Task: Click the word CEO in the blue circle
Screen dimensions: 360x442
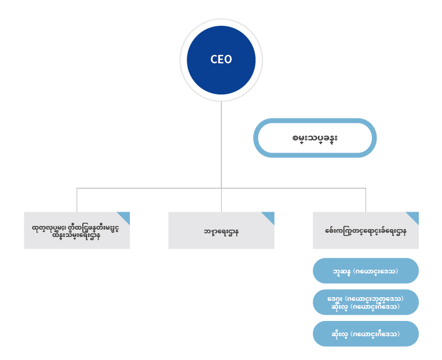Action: pos(221,59)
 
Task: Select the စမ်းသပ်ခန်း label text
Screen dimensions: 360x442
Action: pos(315,138)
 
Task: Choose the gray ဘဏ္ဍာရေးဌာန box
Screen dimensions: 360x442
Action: pos(221,231)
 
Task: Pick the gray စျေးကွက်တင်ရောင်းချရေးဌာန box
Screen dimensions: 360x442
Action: pos(366,231)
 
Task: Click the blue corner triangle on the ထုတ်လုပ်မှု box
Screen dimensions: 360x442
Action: pos(126,216)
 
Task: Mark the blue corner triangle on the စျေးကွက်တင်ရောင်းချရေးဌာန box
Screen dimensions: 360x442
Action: pos(414,216)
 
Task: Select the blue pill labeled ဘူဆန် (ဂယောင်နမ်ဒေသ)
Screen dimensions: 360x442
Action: pos(366,271)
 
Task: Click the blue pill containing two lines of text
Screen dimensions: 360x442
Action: pos(366,302)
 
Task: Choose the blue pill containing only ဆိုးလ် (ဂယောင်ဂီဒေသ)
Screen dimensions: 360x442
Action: pos(366,334)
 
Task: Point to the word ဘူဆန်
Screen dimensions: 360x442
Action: pos(340,271)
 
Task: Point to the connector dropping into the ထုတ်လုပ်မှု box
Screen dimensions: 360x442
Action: pos(77,200)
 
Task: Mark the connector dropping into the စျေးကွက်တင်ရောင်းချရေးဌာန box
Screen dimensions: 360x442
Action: pos(366,200)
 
